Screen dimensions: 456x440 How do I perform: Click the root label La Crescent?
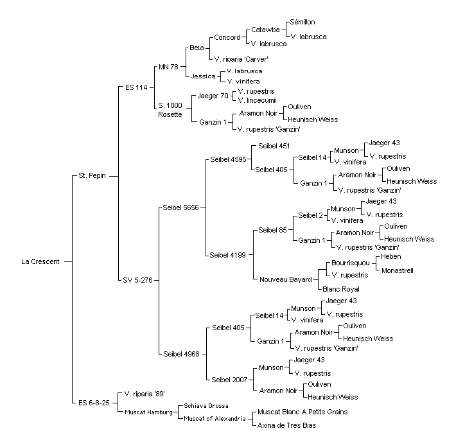click(x=40, y=261)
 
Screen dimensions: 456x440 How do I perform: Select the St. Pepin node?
click(x=92, y=175)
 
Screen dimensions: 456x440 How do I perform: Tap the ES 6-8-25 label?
click(x=94, y=403)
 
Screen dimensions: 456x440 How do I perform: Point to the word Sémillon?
click(x=303, y=22)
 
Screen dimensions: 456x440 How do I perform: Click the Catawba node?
click(x=265, y=30)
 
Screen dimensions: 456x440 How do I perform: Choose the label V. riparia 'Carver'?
click(x=241, y=59)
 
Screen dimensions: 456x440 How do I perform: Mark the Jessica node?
click(x=204, y=76)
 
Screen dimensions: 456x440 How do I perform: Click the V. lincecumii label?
click(x=257, y=100)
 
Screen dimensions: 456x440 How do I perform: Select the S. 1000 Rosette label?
click(x=170, y=110)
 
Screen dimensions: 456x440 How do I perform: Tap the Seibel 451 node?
click(x=274, y=146)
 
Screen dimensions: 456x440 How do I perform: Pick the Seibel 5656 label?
click(x=180, y=207)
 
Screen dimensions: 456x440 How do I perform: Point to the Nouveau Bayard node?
click(x=286, y=279)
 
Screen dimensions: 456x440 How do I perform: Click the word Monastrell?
click(x=398, y=270)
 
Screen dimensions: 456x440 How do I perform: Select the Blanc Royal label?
click(x=341, y=289)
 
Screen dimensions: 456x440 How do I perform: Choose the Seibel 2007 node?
click(x=229, y=380)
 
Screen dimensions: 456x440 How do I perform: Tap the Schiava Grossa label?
click(x=206, y=406)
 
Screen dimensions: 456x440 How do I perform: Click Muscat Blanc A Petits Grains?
click(x=303, y=412)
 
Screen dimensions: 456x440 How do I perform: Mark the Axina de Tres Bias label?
click(x=286, y=425)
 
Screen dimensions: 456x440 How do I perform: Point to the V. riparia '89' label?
click(x=145, y=394)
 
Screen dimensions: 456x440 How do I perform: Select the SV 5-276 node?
click(x=137, y=280)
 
